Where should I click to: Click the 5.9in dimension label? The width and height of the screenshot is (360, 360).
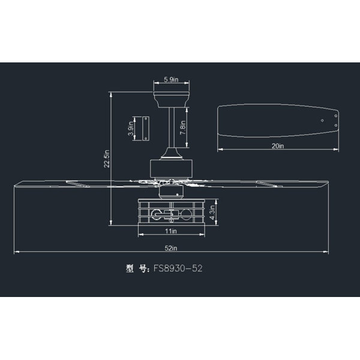(x=171, y=79)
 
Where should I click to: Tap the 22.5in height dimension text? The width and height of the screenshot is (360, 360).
(x=107, y=158)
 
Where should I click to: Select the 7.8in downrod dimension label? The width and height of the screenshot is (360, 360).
(x=183, y=128)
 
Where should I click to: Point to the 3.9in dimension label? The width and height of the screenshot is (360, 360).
(x=131, y=128)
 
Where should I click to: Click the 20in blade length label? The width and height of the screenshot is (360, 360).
(x=278, y=146)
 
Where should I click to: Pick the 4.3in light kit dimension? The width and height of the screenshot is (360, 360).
(x=212, y=212)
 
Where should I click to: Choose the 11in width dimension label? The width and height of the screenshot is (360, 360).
(x=171, y=231)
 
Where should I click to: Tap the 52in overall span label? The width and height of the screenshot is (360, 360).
(x=171, y=248)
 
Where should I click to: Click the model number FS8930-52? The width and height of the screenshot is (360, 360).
(x=178, y=268)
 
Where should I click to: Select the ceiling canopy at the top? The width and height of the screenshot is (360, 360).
(x=171, y=100)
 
